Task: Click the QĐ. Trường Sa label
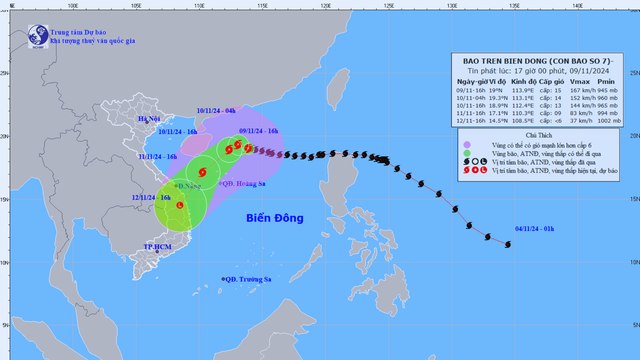click(249, 279)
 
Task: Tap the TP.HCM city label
click(157, 246)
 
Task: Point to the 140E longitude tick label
click(577, 7)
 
